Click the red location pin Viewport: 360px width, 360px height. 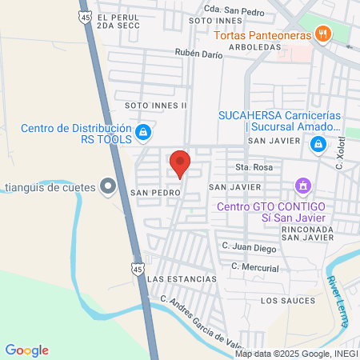click(x=180, y=162)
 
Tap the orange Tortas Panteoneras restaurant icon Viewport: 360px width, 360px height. click(x=322, y=34)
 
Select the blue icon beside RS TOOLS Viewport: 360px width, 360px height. click(x=142, y=132)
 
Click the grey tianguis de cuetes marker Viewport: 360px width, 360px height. click(x=107, y=188)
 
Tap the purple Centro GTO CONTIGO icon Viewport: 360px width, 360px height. click(x=302, y=187)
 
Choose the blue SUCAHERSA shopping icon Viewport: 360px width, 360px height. click(x=318, y=144)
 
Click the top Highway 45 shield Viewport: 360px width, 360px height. click(x=85, y=15)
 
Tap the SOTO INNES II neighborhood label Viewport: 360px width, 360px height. click(x=155, y=105)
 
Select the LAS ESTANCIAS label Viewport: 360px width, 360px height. click(x=182, y=278)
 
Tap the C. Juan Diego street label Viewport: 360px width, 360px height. click(x=249, y=248)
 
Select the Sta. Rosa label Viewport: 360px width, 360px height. click(x=249, y=166)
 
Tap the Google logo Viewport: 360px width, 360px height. click(x=26, y=350)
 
